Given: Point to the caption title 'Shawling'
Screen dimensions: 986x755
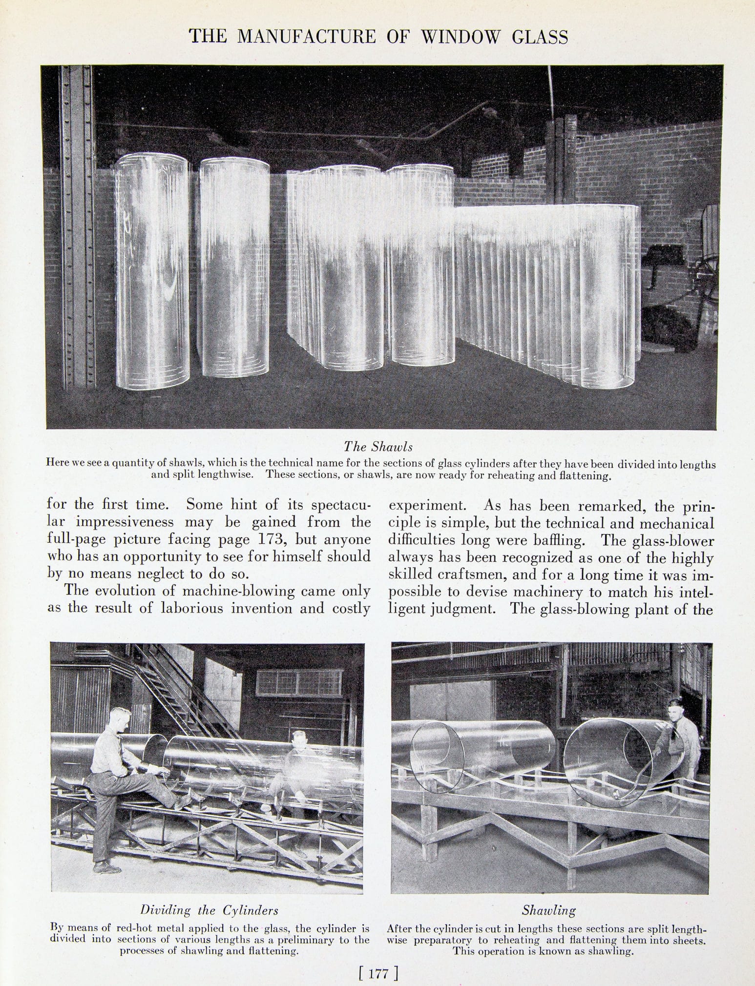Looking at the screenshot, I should click(549, 910).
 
